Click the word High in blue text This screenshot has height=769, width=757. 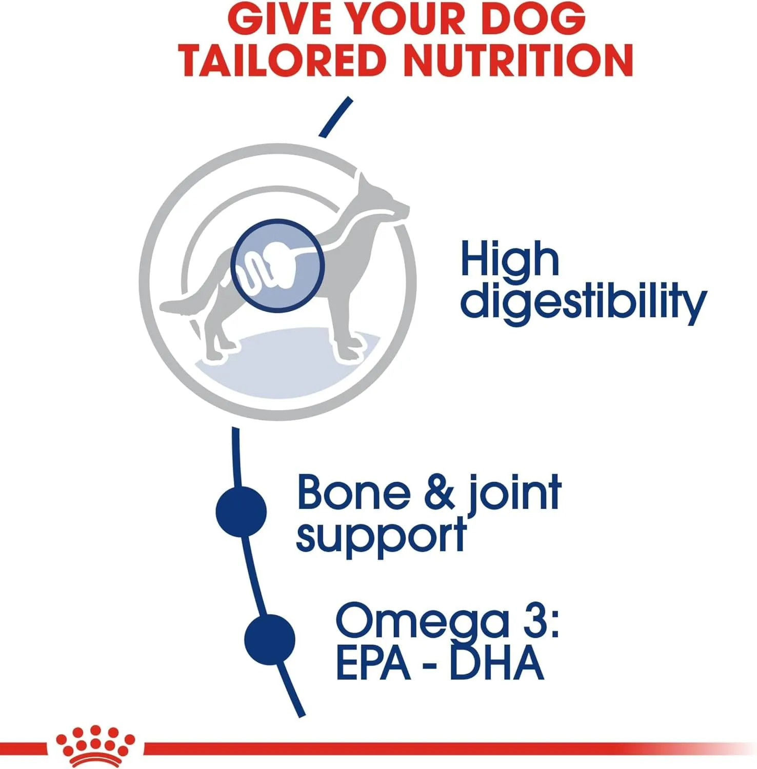pyautogui.click(x=509, y=259)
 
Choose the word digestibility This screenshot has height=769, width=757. pyautogui.click(x=584, y=302)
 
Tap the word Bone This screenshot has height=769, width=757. pyautogui.click(x=354, y=493)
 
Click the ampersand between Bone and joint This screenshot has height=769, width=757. pyautogui.click(x=440, y=493)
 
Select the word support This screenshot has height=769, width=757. pyautogui.click(x=382, y=536)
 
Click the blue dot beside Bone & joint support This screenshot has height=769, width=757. pyautogui.click(x=241, y=512)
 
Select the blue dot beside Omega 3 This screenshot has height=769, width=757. pyautogui.click(x=270, y=639)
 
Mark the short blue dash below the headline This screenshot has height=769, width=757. pyautogui.click(x=336, y=117)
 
